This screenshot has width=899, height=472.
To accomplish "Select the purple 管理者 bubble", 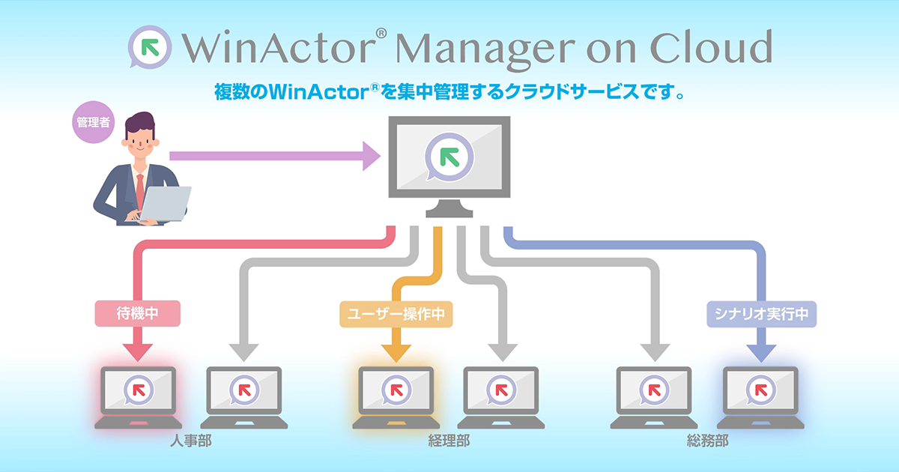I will [x=94, y=121].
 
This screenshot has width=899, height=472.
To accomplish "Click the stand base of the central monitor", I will [x=449, y=212].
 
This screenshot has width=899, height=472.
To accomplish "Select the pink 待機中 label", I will [x=137, y=314].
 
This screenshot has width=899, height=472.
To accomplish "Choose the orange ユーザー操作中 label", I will [x=397, y=314].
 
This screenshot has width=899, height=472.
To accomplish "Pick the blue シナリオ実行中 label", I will [x=761, y=314].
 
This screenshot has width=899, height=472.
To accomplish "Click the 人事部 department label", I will [x=190, y=441].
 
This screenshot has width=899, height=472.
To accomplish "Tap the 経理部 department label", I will [x=448, y=441].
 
